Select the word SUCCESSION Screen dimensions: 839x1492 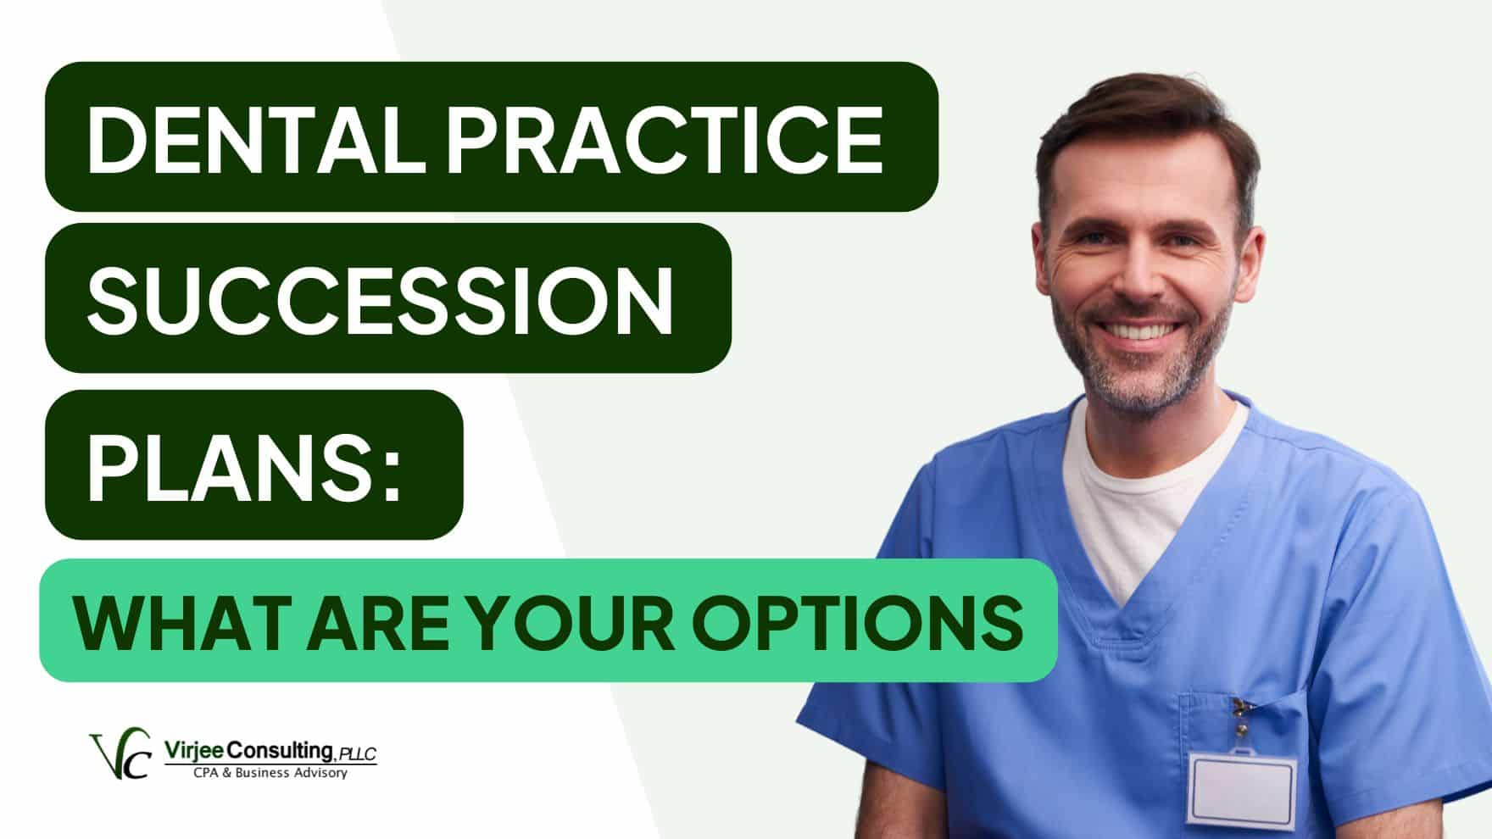[380, 299]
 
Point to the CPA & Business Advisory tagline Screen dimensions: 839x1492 [270, 773]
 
